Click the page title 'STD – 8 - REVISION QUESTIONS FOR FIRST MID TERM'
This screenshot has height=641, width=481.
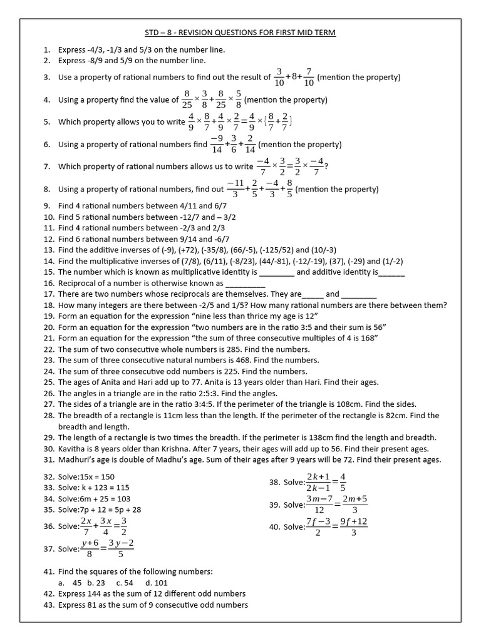[240, 32]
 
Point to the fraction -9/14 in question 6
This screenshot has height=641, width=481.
[217, 144]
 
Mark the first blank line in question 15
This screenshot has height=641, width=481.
[276, 273]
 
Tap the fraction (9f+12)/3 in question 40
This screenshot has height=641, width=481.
[354, 526]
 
